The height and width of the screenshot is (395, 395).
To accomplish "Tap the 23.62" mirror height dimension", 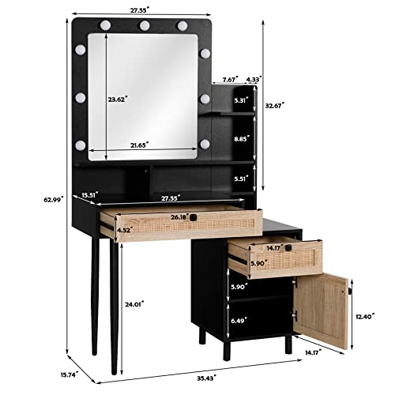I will coord(118,100).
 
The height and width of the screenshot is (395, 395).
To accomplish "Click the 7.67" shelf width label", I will coord(230,79).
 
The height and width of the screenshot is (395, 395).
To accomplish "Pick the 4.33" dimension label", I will coord(254,79).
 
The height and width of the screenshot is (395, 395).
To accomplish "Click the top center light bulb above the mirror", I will coord(145,26).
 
